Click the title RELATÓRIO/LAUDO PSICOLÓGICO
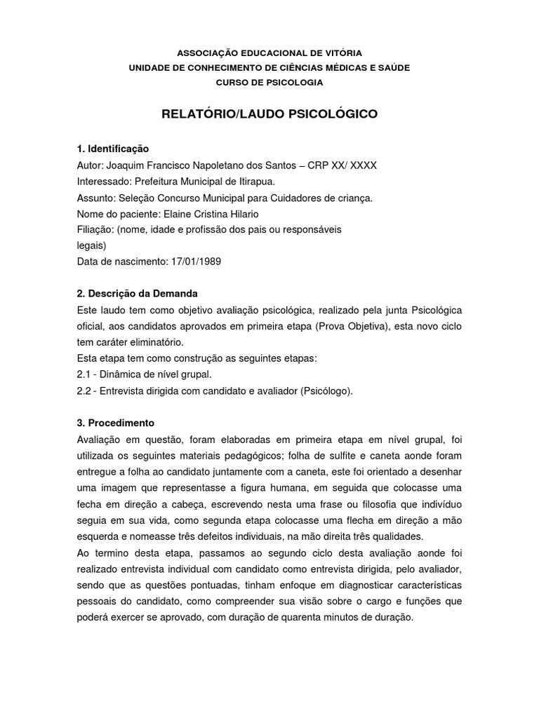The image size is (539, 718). click(x=269, y=114)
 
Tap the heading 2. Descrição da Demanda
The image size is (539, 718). click(x=138, y=292)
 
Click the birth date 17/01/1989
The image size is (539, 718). click(x=200, y=262)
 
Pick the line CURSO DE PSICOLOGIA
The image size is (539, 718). click(x=269, y=82)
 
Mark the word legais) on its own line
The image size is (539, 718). click(x=91, y=245)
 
